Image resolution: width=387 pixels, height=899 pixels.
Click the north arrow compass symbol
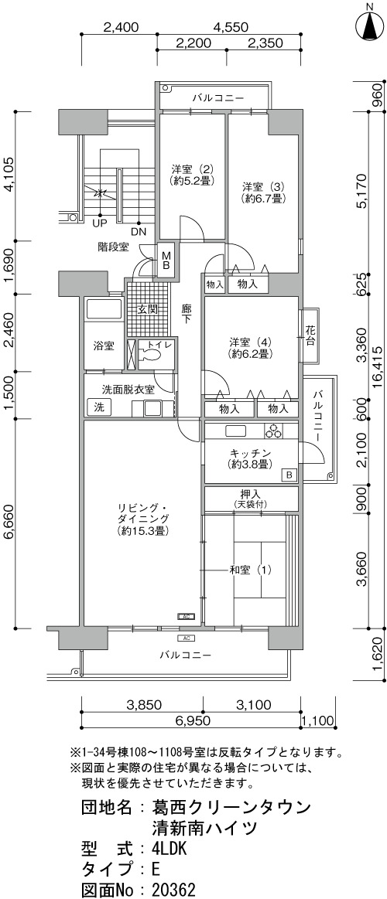(x=370, y=23)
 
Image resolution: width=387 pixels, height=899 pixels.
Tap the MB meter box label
(x=166, y=261)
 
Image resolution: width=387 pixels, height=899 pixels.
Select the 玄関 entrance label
(x=147, y=310)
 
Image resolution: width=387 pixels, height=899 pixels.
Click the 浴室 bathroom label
(x=104, y=346)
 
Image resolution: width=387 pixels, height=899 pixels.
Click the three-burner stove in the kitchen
(x=273, y=431)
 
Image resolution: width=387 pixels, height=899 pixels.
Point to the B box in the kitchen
(x=289, y=475)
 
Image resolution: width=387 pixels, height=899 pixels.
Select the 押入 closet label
(x=251, y=494)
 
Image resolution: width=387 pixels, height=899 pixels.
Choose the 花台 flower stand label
(x=311, y=336)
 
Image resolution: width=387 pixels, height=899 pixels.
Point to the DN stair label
(x=139, y=232)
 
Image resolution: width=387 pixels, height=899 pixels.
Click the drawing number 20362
(x=174, y=890)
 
